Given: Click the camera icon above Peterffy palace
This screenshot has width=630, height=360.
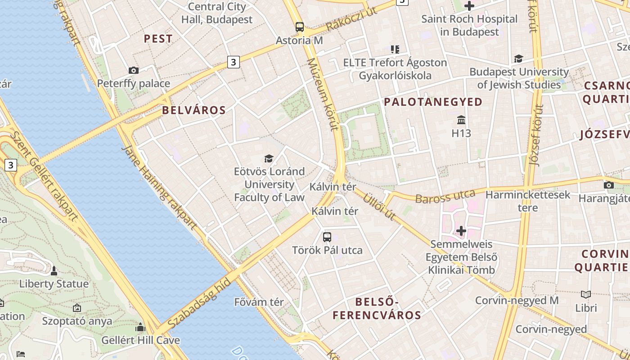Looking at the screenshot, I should (133, 70).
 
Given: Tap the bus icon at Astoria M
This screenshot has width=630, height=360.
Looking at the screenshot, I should (300, 27).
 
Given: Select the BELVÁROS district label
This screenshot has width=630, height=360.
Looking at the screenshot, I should (193, 110).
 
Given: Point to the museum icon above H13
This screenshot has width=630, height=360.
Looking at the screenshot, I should (461, 120).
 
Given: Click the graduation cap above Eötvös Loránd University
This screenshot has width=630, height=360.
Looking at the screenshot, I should (269, 158).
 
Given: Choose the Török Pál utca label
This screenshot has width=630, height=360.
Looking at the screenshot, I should (327, 250).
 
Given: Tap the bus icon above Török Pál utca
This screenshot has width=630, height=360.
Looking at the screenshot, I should (327, 237).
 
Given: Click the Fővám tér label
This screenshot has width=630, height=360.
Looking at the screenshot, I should (259, 302).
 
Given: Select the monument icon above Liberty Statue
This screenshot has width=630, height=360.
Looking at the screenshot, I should (54, 271).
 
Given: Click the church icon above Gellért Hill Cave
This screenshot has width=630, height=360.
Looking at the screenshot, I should (140, 327).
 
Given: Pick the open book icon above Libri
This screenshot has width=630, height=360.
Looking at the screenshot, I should (586, 295).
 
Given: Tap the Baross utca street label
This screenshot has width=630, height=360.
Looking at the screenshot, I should (445, 196).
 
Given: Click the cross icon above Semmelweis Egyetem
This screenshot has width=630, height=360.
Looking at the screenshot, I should (461, 231).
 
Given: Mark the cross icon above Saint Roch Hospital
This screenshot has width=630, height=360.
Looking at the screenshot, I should (469, 6).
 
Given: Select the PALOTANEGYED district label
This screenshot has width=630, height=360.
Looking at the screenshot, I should (433, 102).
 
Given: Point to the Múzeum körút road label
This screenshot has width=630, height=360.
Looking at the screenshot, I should (322, 94).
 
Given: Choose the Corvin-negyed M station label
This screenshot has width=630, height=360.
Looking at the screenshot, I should (517, 300).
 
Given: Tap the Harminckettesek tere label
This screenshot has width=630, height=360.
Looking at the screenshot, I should (528, 201).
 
